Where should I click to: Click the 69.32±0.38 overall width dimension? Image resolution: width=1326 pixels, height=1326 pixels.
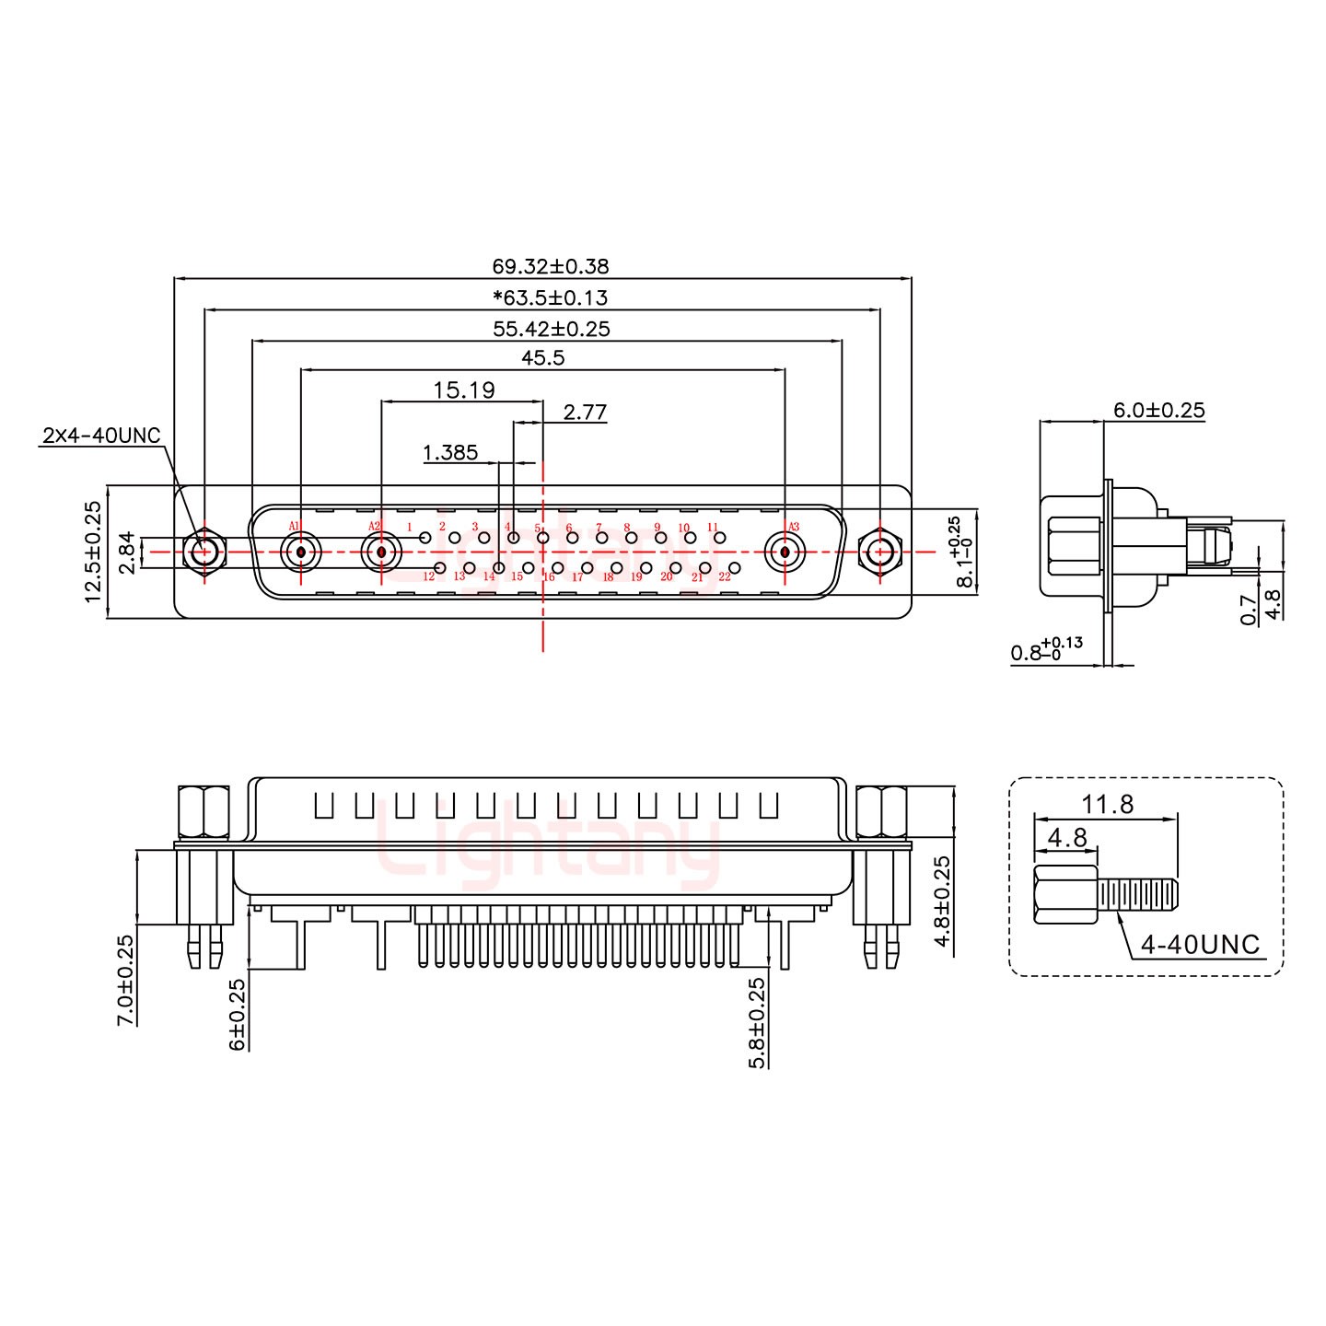550,267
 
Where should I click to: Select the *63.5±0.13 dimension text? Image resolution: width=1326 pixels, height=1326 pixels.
550,298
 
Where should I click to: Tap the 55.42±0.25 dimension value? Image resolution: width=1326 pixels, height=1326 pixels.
551,329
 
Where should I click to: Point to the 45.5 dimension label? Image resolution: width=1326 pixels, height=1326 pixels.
542,358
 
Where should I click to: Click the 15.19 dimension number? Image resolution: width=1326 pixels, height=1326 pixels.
463,390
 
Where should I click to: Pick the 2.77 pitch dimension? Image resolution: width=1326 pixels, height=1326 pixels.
585,412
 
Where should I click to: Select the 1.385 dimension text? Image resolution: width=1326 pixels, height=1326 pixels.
449,452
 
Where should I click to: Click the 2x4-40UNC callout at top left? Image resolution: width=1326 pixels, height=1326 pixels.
101,436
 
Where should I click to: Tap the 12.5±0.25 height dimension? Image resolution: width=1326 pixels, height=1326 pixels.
93,552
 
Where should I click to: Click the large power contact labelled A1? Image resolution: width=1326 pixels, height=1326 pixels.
300,553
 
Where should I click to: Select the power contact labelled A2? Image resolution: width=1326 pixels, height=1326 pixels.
380,553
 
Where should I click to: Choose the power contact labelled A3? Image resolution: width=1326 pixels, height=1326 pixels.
785,553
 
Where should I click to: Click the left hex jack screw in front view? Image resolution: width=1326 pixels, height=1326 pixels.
204,553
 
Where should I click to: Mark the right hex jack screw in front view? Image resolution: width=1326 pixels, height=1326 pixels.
879,553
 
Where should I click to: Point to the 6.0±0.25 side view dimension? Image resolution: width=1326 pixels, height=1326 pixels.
1158,410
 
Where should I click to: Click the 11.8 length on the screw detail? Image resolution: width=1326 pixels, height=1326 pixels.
1107,805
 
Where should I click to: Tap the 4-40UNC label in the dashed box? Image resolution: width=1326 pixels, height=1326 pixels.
1199,944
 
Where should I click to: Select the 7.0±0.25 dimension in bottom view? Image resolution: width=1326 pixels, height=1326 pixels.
126,980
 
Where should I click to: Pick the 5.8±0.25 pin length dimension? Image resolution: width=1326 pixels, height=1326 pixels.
758,1022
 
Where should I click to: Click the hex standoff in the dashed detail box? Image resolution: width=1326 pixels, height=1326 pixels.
1065,894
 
